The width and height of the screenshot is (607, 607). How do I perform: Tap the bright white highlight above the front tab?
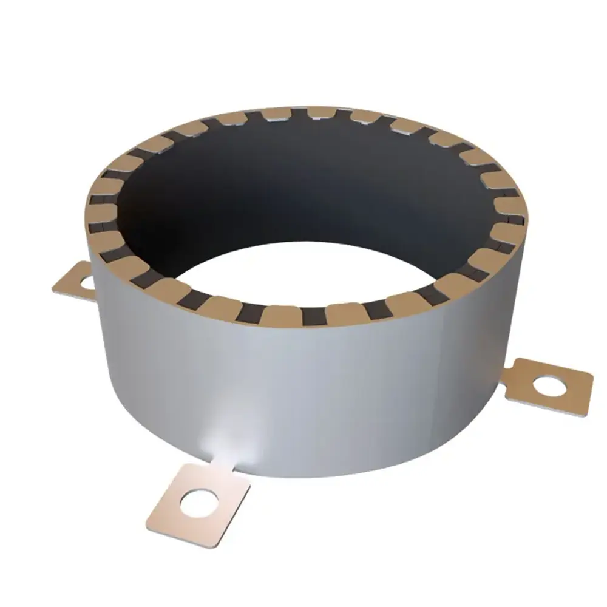tap(234, 446)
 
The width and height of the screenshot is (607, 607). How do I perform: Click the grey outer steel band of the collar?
tap(364, 395)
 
